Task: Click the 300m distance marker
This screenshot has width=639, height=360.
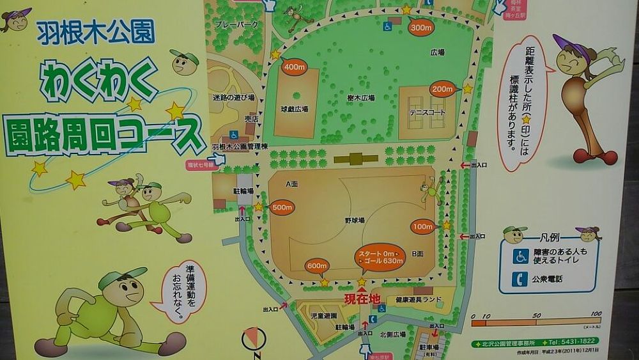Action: pos(421,27)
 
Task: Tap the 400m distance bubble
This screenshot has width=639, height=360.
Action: pos(295,67)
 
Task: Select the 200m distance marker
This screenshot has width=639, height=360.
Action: pos(442,89)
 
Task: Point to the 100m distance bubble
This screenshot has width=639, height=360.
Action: pos(422,226)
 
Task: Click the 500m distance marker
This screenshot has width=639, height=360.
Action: pos(282,207)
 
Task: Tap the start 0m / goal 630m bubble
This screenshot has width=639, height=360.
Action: pos(381,257)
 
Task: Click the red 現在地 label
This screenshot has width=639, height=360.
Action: pos(362,299)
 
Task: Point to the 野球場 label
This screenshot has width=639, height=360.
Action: pos(355,220)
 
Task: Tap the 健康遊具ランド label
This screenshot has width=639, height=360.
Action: pos(419,299)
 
